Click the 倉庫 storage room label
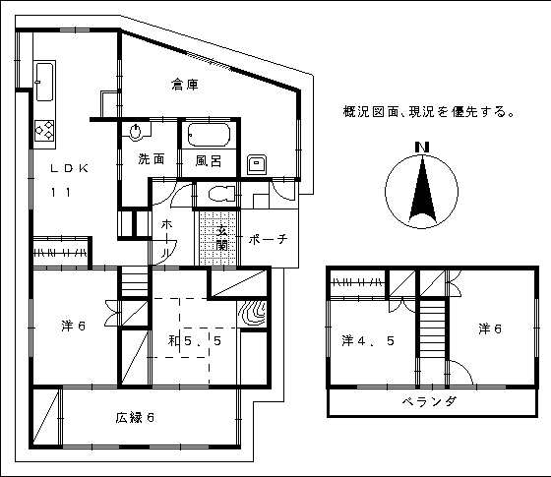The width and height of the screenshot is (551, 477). point(185,85)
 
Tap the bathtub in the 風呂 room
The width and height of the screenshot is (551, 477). point(209,134)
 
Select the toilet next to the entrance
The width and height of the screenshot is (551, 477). point(221,194)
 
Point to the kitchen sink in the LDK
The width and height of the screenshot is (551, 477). point(44,82)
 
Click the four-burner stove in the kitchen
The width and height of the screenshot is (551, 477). point(44,130)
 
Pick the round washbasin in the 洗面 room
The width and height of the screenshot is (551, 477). point(136,133)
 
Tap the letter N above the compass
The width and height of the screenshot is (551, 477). point(422,147)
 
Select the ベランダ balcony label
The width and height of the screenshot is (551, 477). point(429,401)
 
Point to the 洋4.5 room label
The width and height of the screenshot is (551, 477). point(368,340)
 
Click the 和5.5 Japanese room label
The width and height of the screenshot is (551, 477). point(195,340)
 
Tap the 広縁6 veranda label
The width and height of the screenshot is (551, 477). point(135,418)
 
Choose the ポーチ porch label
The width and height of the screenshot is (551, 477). point(268,240)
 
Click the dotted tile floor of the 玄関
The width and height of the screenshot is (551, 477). point(217,238)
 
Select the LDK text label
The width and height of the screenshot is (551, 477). point(69,168)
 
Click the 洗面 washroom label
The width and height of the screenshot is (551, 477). point(152,159)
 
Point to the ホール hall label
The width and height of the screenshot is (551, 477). point(167,239)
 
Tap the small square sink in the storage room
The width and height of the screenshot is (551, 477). point(256,164)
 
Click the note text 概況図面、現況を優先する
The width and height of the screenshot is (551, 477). point(429,112)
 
